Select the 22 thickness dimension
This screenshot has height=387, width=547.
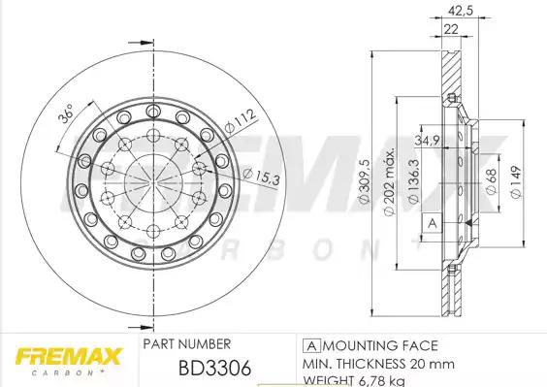(451, 29)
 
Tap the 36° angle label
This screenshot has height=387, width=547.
(67, 113)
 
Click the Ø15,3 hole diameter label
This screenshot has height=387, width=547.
(262, 177)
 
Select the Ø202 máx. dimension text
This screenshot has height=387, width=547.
(389, 181)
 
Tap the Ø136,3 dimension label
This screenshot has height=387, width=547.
(413, 181)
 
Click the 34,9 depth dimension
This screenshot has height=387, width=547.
(427, 141)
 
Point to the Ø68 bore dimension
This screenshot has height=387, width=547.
(491, 181)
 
